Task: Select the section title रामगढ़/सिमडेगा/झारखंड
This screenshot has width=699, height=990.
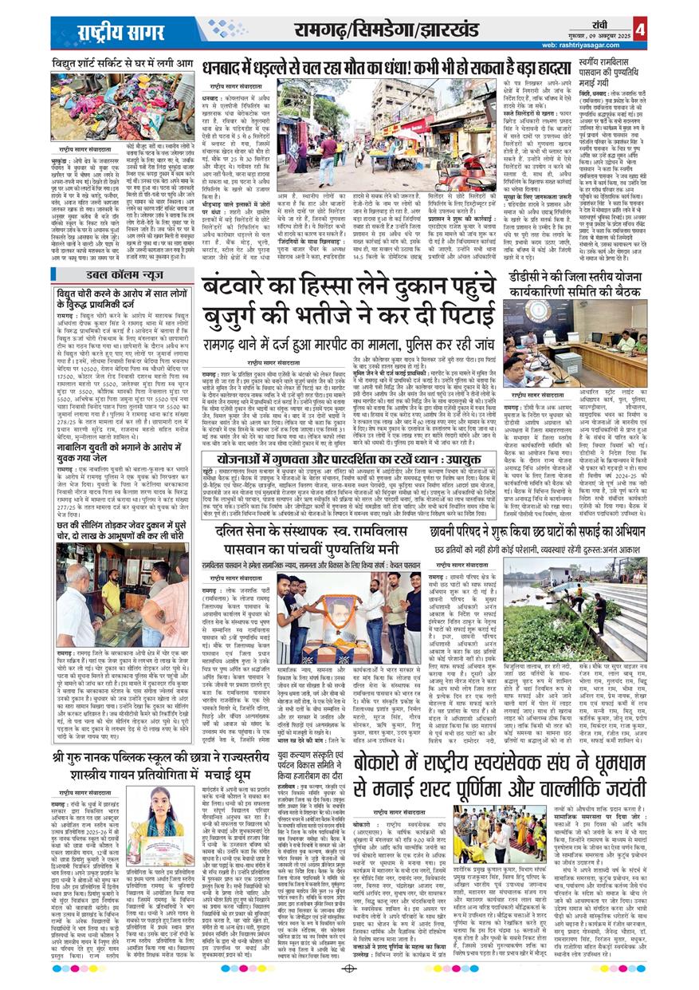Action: point(375,32)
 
